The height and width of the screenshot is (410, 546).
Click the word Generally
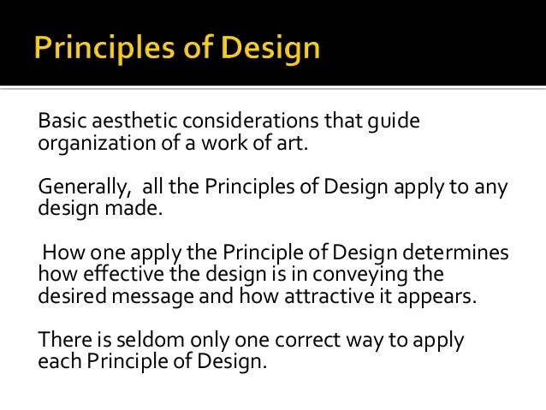82,188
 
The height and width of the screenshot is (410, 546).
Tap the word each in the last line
57,361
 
